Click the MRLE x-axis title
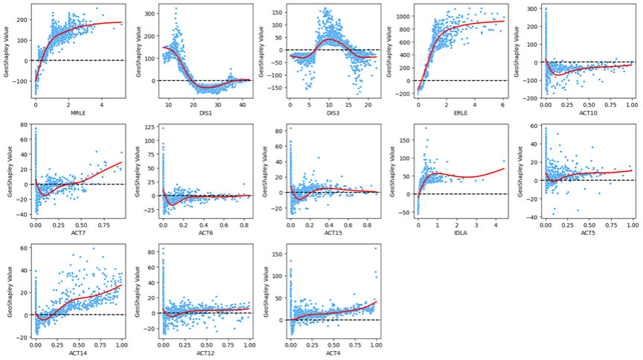(78, 112)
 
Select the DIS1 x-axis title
(205, 112)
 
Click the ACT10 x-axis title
(588, 112)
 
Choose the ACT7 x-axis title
(78, 231)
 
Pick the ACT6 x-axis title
(205, 231)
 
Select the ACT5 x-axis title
(588, 231)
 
